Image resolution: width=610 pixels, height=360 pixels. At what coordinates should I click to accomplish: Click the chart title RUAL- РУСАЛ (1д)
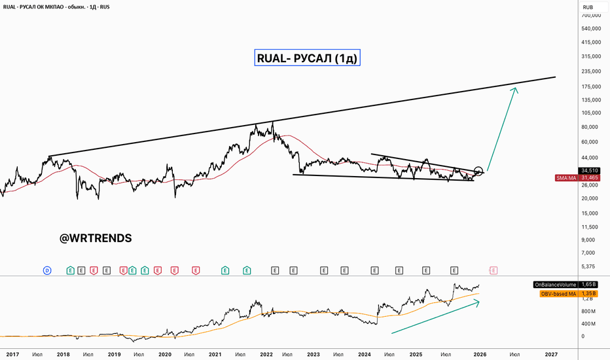(308, 58)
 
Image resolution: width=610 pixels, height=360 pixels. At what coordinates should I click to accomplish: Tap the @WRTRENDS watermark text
(96, 238)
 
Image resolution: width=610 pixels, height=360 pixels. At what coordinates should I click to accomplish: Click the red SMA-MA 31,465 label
(579, 177)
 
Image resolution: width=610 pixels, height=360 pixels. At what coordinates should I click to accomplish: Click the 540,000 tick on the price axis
(591, 28)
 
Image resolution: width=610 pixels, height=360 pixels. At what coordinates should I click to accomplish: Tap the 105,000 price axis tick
(591, 113)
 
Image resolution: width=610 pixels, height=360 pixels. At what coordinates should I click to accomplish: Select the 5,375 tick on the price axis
(589, 266)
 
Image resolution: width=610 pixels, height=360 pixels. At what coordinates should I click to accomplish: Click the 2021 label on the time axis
(215, 354)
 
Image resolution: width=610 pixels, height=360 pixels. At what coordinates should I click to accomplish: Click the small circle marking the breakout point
(478, 171)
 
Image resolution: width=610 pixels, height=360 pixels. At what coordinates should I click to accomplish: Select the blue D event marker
(47, 270)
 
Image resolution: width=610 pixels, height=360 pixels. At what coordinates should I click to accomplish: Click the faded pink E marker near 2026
(493, 270)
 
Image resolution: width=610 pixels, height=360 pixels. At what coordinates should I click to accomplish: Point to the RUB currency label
(588, 8)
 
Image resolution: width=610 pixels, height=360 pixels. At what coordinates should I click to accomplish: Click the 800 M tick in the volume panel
(588, 311)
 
